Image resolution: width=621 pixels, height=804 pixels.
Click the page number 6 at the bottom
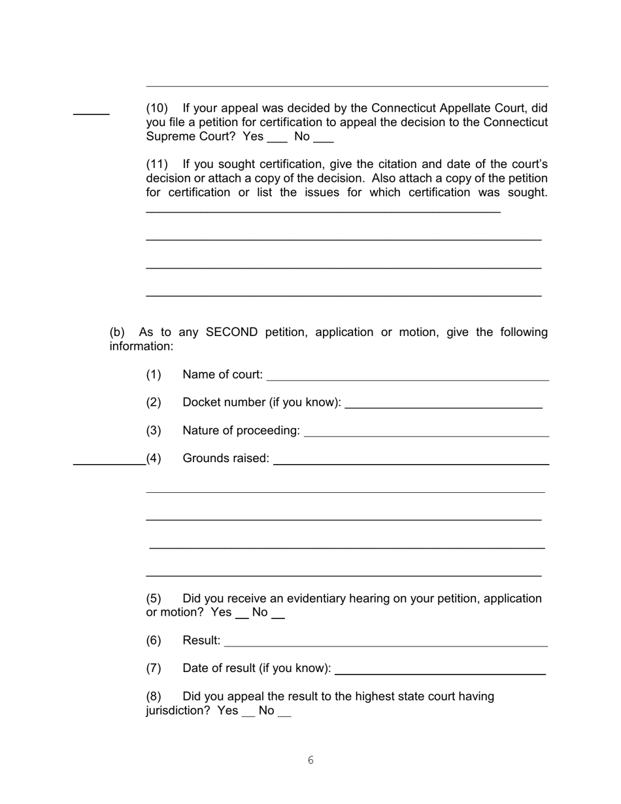tap(310, 760)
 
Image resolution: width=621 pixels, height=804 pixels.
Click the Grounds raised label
tap(226, 458)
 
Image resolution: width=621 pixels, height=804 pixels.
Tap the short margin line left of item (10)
tap(91, 114)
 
